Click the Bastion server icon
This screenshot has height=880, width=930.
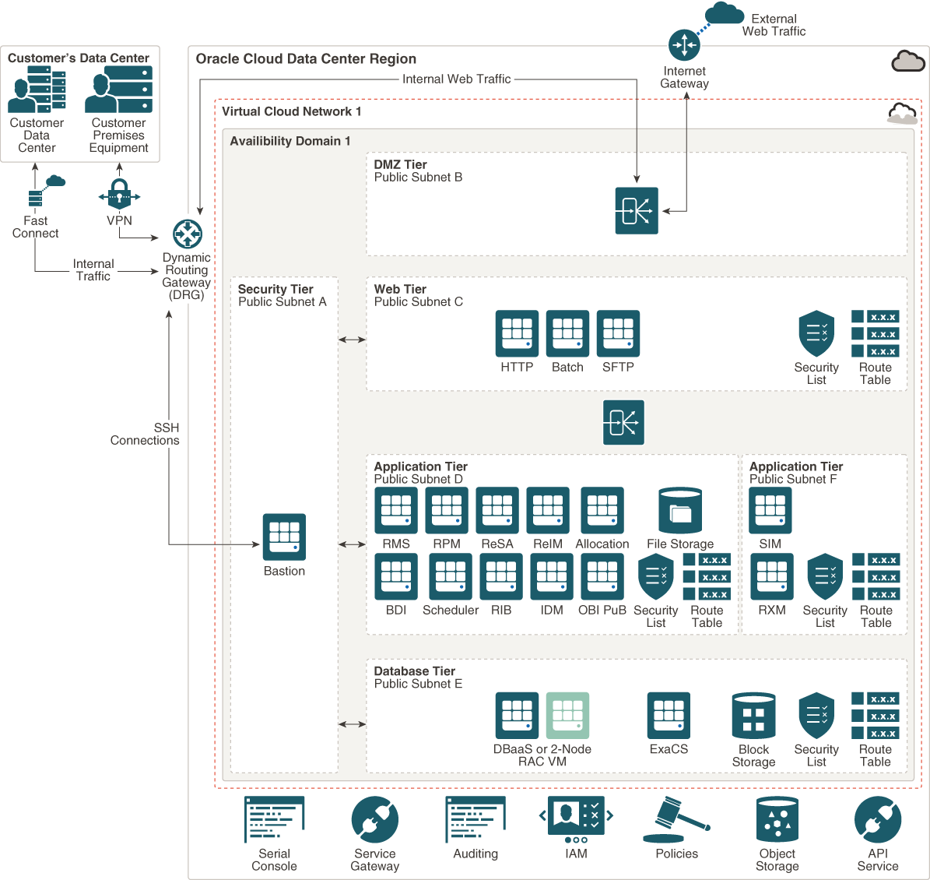pos(284,537)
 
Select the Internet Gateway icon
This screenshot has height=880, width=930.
pos(684,45)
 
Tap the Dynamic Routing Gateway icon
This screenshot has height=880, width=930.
pos(188,234)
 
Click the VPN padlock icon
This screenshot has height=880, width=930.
pos(119,194)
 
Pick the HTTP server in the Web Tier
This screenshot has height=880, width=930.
pos(517,333)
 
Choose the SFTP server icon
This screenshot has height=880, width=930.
pos(618,333)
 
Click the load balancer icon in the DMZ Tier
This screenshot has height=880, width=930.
pos(637,210)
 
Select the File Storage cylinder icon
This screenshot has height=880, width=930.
pos(680,511)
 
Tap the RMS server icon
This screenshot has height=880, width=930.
pos(396,510)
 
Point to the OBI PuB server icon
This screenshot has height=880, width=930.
pos(602,576)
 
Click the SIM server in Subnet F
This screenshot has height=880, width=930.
pos(770,510)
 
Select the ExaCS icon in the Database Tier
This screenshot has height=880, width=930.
pos(669,715)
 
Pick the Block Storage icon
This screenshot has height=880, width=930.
pos(753,716)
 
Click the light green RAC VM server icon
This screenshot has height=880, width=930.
pos(567,715)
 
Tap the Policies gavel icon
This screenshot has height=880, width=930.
pos(675,819)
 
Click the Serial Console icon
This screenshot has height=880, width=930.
pos(274,819)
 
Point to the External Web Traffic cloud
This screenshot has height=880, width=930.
pos(724,12)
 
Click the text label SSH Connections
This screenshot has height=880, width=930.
pos(146,434)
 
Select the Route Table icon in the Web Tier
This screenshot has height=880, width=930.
pos(875,333)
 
